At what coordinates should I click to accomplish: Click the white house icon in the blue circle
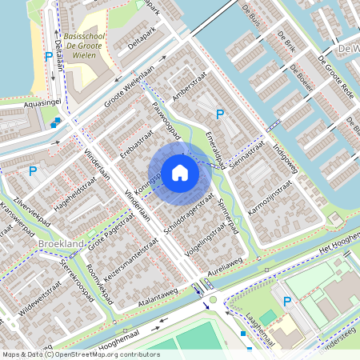click(180, 171)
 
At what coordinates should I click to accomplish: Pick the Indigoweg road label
click(285, 149)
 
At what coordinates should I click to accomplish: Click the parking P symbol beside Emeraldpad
click(220, 115)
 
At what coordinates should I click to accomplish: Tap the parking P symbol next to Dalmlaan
click(49, 57)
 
